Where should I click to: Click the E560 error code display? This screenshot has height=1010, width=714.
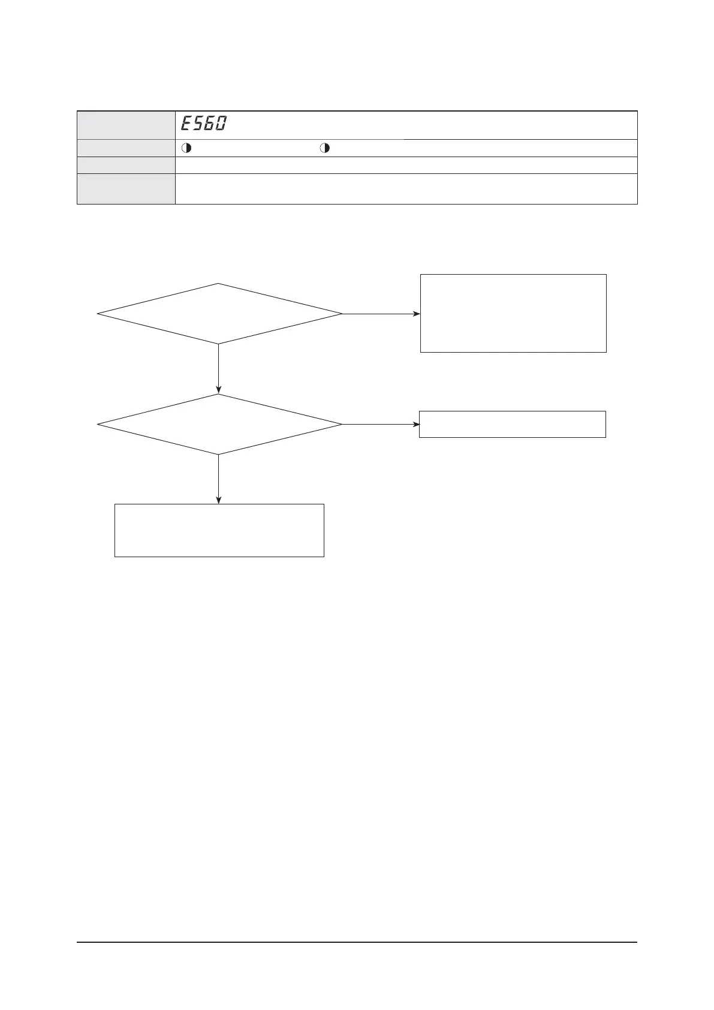tap(204, 124)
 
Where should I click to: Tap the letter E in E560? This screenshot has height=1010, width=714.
tap(186, 124)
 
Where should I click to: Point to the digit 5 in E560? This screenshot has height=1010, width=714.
tap(198, 124)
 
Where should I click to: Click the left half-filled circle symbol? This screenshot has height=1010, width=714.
tap(186, 148)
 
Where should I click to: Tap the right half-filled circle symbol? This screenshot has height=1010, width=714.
tap(324, 148)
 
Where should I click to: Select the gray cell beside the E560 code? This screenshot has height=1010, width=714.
tap(126, 125)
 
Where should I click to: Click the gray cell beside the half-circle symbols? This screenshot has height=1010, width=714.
tap(126, 148)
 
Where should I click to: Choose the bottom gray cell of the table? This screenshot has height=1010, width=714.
tap(126, 189)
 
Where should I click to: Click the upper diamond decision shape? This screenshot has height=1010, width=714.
tap(219, 314)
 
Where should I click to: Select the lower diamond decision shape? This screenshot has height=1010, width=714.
tap(219, 424)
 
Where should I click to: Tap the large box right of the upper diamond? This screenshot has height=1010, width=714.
tap(513, 313)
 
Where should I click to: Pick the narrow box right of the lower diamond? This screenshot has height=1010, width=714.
tap(512, 424)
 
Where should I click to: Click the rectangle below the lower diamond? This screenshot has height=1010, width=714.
tap(219, 530)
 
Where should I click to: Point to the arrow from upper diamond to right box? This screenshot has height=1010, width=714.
tap(381, 314)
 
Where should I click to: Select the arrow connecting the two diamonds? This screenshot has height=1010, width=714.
tap(219, 368)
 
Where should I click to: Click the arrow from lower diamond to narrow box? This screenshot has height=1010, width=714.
tap(381, 424)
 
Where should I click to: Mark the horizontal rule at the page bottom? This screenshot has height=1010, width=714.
tap(357, 942)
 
